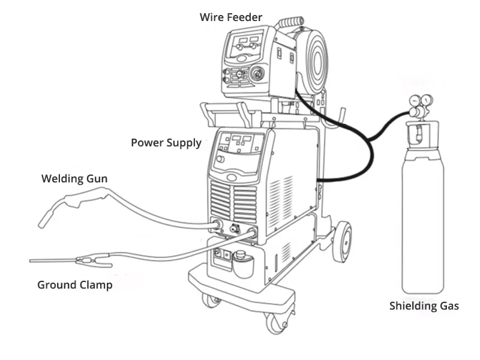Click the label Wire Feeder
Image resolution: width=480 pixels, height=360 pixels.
[231, 17]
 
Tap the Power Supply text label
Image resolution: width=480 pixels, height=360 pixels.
[166, 143]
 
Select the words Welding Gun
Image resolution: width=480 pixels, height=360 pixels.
[74, 178]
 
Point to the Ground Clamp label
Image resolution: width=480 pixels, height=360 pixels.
[74, 285]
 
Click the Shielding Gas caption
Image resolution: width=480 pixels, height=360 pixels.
[424, 306]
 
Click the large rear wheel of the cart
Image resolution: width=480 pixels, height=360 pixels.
[341, 241]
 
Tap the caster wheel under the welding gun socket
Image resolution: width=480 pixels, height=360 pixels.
[211, 299]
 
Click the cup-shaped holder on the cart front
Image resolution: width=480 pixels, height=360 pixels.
[242, 264]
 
